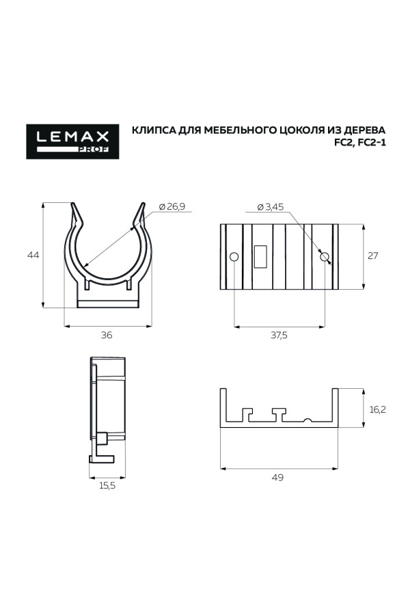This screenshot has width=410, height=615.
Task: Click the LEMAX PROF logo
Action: (72, 141)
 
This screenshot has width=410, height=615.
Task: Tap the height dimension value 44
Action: (32, 255)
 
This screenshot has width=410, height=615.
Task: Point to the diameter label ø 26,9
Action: (172, 206)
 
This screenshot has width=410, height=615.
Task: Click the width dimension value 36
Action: (107, 335)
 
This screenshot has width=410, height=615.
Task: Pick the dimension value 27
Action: (373, 256)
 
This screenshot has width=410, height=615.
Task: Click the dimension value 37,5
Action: (279, 335)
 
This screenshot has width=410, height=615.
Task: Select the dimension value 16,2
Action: (378, 409)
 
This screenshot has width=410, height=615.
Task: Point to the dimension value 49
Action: (277, 477)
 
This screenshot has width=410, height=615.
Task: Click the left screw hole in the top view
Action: (234, 257)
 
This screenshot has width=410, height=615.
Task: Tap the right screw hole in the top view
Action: (325, 257)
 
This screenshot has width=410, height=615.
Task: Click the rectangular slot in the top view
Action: (261, 256)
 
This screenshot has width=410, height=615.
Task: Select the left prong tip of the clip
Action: (73, 205)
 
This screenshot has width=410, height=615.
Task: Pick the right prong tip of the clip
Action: (143, 205)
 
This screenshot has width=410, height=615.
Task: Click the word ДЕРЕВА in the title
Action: (361, 129)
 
